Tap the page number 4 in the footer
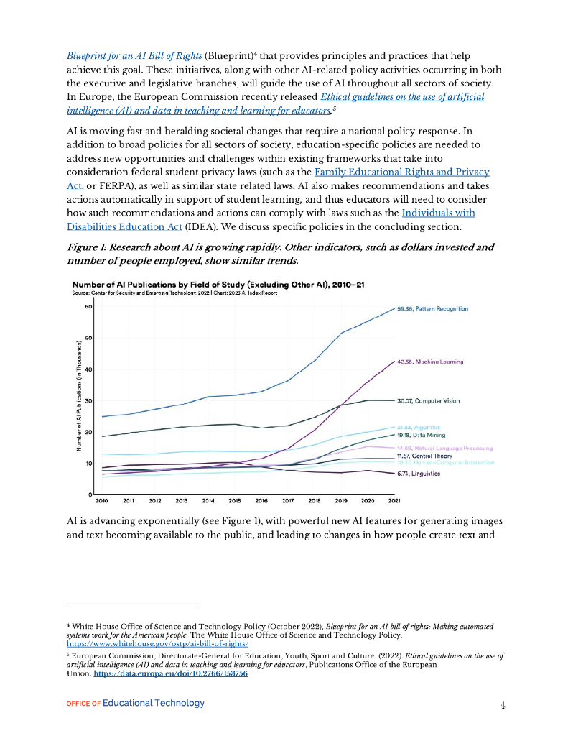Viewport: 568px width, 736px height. click(503, 705)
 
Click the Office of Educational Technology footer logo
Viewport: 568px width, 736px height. click(135, 703)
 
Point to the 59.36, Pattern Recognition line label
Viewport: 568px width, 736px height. click(432, 308)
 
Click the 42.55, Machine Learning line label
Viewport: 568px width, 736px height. click(430, 362)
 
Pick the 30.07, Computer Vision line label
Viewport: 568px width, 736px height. click(429, 400)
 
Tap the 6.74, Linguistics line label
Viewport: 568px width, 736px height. click(419, 474)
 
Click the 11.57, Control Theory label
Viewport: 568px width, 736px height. click(424, 456)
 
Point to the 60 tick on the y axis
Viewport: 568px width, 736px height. click(88, 307)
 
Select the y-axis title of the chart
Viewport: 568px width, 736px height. click(79, 396)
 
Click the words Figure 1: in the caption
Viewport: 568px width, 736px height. click(89, 247)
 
